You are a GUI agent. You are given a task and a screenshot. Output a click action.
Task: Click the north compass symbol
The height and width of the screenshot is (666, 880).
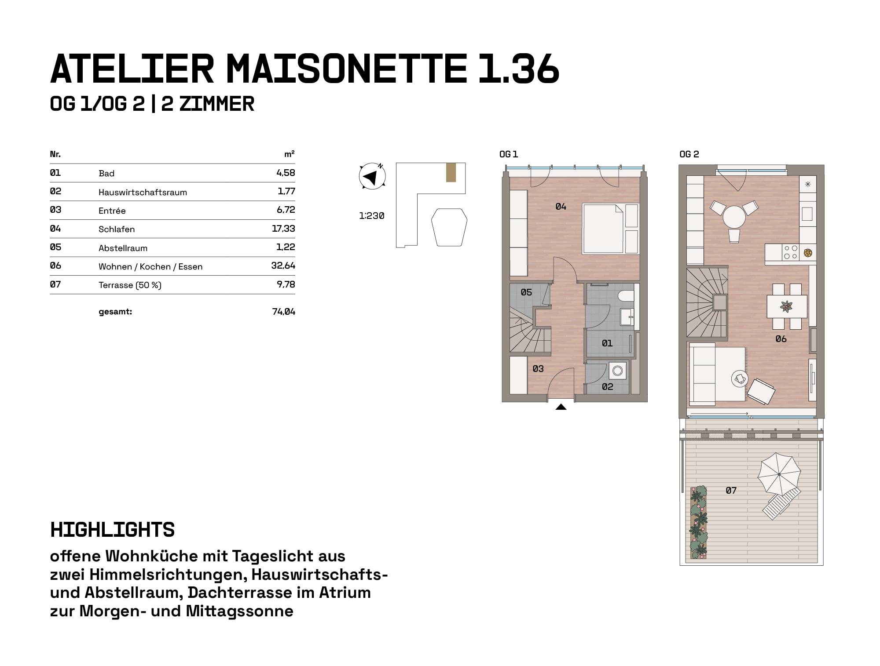tap(372, 177)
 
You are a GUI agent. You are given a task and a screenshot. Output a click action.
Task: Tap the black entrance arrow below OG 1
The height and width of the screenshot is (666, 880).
tap(561, 407)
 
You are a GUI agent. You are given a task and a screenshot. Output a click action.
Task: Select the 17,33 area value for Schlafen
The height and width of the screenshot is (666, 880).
tap(283, 229)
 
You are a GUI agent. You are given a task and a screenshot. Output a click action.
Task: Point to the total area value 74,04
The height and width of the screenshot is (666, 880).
tap(284, 312)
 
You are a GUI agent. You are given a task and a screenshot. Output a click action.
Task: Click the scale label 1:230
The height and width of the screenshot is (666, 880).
tap(372, 216)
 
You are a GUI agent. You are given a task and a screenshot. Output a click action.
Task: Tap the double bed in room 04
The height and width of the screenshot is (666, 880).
tap(610, 229)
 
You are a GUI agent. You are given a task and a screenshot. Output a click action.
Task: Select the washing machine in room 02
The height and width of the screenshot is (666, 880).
tap(618, 371)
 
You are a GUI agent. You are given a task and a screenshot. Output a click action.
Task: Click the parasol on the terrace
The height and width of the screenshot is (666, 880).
tap(779, 473)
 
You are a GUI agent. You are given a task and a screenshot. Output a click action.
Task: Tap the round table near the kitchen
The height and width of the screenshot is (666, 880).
tap(734, 217)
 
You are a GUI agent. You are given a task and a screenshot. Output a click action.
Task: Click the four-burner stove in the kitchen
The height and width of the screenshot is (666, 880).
tap(790, 252)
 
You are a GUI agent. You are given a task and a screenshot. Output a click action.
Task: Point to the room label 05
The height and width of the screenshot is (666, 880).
tap(526, 292)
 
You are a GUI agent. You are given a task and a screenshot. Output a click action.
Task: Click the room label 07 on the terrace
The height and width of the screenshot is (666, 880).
tap(731, 491)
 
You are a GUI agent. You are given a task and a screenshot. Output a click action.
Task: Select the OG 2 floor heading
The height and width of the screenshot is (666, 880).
tap(689, 154)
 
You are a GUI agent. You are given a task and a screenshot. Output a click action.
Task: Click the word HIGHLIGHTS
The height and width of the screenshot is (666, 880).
tap(113, 530)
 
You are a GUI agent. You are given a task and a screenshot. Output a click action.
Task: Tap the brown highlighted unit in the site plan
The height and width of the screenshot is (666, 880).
tap(451, 172)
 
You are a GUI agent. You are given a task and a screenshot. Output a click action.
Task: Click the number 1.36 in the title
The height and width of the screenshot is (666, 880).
tap(519, 69)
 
